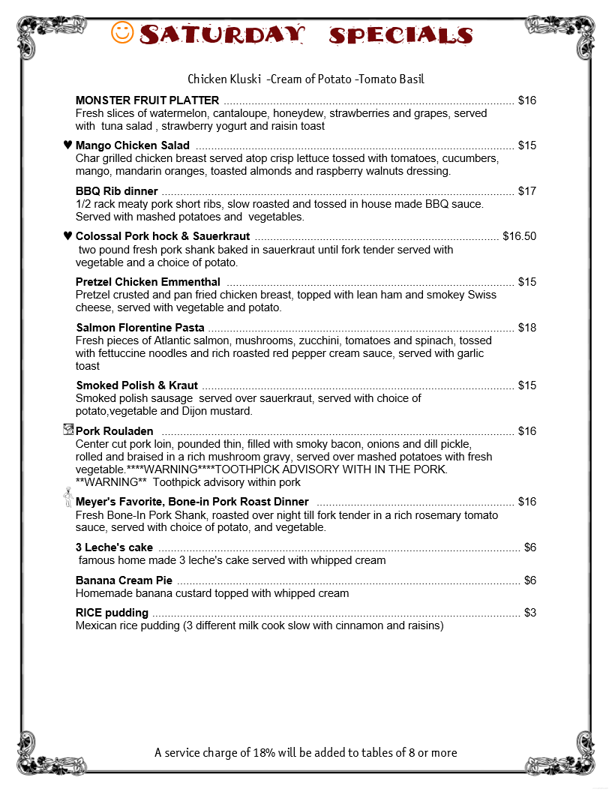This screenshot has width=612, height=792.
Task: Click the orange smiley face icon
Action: (122, 32)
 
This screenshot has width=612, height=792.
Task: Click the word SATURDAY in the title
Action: (223, 34)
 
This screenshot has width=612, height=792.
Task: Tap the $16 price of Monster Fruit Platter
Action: (527, 100)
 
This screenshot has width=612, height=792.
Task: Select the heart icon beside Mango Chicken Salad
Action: (67, 145)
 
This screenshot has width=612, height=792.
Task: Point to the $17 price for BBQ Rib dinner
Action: (527, 191)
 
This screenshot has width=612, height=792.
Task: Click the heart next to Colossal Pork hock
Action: (67, 236)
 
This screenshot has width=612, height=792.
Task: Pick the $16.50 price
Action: (520, 236)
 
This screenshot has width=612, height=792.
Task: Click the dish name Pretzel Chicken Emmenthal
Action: (148, 282)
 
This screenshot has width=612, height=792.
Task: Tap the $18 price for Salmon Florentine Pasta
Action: (527, 328)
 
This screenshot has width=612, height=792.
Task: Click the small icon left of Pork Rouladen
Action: (69, 430)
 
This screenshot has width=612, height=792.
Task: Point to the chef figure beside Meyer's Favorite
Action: (67, 499)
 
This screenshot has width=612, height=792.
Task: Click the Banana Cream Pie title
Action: (124, 580)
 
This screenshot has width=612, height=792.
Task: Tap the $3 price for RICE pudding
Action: (530, 613)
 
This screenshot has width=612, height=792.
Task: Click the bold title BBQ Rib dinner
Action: (116, 191)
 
